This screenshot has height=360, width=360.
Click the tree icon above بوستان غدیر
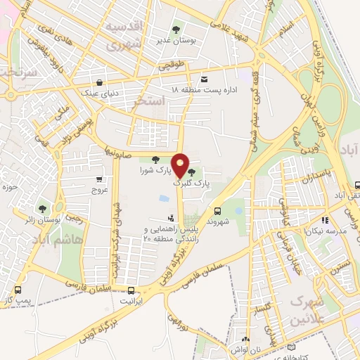coord(176,30)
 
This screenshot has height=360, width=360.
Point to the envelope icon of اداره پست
coord(205,79)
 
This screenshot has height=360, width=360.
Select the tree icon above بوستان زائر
coord(44,209)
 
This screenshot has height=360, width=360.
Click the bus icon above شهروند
coord(217,210)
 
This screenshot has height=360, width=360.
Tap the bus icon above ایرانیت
coord(132,290)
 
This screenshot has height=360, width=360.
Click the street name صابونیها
coord(120,151)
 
